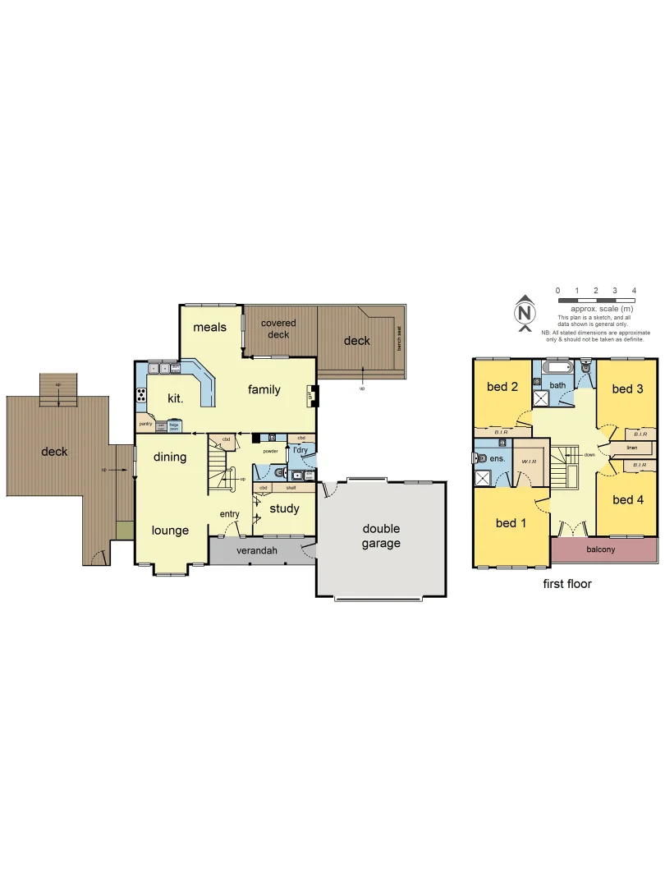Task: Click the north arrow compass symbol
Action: (x=524, y=313)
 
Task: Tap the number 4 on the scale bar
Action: (x=634, y=291)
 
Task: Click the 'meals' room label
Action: (x=209, y=327)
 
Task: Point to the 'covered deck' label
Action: (x=278, y=329)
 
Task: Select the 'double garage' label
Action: (x=381, y=536)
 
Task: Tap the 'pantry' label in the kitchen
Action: (x=145, y=424)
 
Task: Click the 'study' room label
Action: (x=284, y=508)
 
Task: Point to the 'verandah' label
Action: (x=255, y=550)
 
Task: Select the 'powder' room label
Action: (x=271, y=451)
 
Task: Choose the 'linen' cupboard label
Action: (x=631, y=448)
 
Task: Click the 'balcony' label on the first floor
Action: (x=600, y=549)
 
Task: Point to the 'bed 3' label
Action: (x=627, y=388)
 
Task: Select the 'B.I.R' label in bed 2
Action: (x=501, y=430)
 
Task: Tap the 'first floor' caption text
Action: (x=566, y=584)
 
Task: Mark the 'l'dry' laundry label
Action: (x=300, y=449)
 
